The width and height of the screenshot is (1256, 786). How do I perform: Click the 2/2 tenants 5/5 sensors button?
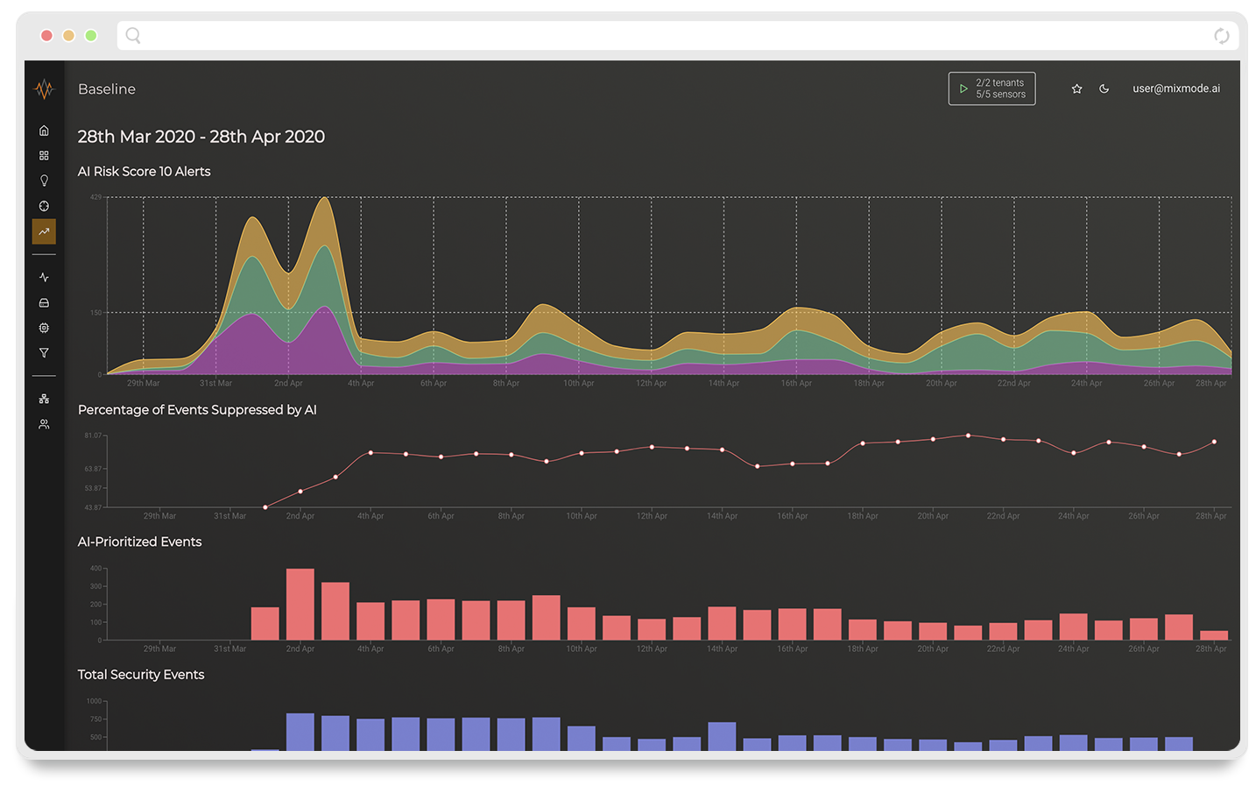pos(991,89)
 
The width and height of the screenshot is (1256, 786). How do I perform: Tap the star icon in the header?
pos(1076,89)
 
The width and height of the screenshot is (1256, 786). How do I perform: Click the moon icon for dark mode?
pos(1104,89)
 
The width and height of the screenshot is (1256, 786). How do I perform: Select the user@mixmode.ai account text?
pos(1175,89)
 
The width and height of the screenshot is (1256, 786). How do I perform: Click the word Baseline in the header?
pos(107,89)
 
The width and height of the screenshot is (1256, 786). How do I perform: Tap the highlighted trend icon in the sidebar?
pos(44,231)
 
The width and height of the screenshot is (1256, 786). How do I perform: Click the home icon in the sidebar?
pos(44,131)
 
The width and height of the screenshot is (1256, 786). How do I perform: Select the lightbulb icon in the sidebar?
pos(44,181)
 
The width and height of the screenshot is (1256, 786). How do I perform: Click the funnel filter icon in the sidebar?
pos(44,353)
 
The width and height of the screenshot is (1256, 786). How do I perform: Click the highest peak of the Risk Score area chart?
pos(325,199)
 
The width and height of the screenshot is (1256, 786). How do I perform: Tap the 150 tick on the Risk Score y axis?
pos(95,312)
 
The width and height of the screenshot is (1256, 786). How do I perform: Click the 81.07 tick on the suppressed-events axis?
pos(93,435)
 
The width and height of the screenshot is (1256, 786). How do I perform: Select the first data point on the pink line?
pos(265,506)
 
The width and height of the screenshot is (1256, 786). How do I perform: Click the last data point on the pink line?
pos(1214,442)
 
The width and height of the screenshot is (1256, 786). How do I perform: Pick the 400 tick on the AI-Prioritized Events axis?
pos(95,569)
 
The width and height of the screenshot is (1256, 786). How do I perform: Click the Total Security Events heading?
pos(141,675)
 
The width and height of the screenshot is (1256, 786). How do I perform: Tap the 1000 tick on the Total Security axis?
pos(94,701)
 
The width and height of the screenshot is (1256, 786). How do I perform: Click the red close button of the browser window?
pos(46,35)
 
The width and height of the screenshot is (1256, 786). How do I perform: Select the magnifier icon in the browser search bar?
pos(133,35)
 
